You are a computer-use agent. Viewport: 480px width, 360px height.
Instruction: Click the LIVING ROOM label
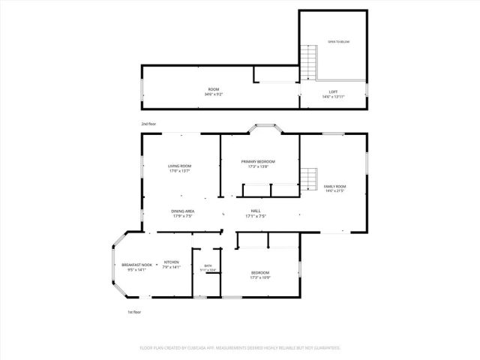pyautogui.click(x=179, y=166)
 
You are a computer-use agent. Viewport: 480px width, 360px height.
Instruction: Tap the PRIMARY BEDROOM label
pyautogui.click(x=258, y=161)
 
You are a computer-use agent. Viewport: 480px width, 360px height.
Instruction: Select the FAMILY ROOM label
pyautogui.click(x=334, y=185)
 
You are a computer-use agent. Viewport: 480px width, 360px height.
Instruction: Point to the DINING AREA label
pyautogui.click(x=183, y=211)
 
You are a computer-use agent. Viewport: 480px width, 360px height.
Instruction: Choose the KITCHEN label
pyautogui.click(x=172, y=262)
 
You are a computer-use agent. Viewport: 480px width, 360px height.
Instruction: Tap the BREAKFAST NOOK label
pyautogui.click(x=136, y=265)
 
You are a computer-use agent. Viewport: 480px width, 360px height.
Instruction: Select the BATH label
pyautogui.click(x=208, y=265)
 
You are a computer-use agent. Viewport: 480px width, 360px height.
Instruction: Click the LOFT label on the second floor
pyautogui.click(x=333, y=91)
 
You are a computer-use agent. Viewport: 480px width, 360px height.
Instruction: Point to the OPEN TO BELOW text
pyautogui.click(x=339, y=42)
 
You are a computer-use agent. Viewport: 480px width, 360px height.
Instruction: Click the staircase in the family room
pyautogui.click(x=308, y=181)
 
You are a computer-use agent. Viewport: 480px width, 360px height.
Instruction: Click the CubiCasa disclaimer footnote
pyautogui.click(x=240, y=348)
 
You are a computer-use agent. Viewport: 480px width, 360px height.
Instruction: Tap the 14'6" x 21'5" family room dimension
pyautogui.click(x=334, y=190)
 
